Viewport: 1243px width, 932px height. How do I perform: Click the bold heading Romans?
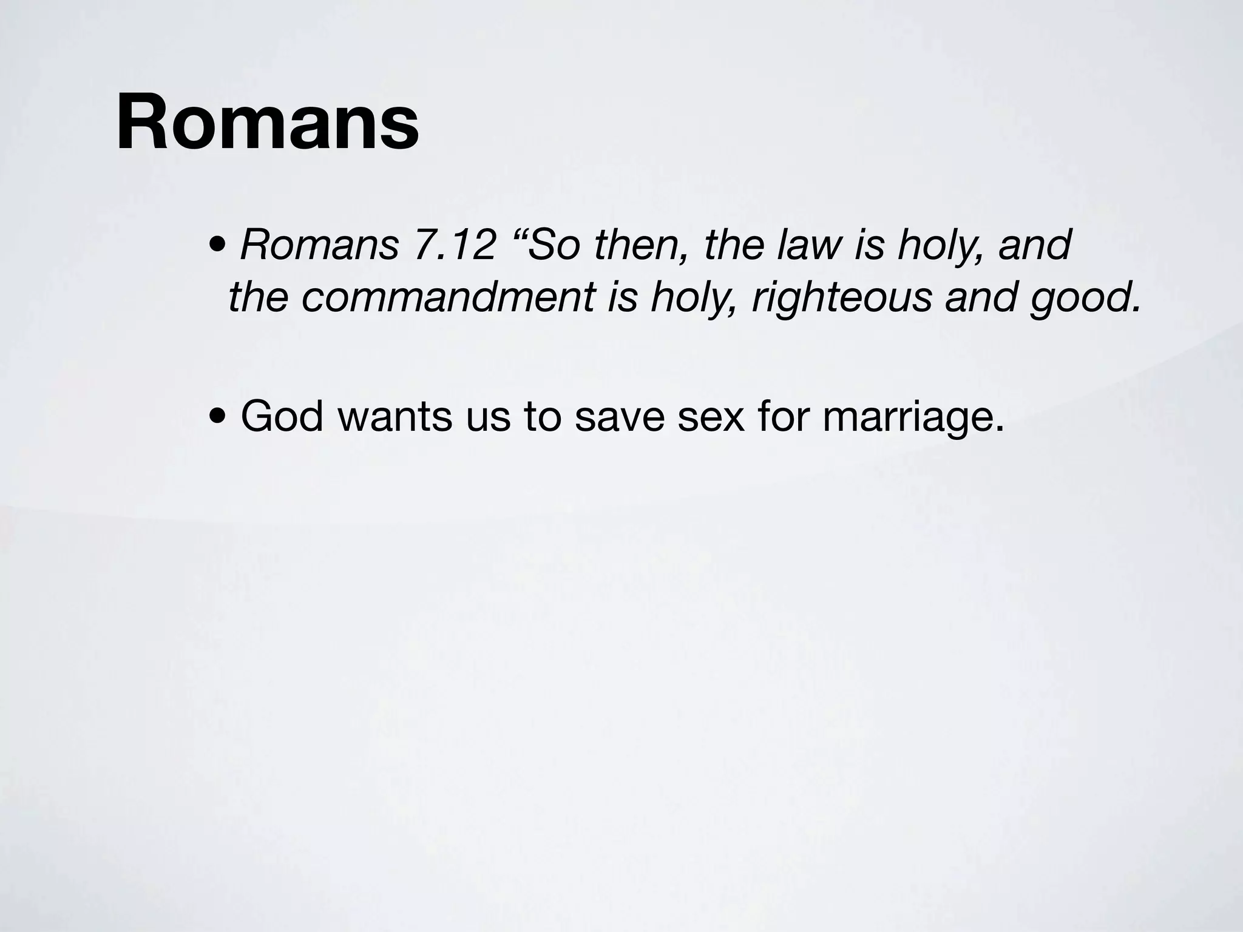coord(268,121)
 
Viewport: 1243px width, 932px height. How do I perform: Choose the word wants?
coord(395,417)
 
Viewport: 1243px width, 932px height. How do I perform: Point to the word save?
coord(620,417)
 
